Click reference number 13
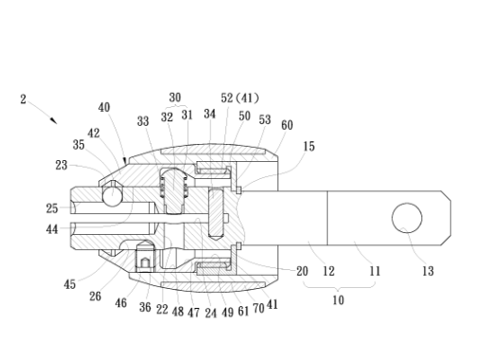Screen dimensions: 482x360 point(428,271)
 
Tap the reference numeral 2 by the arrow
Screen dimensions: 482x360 point(23,99)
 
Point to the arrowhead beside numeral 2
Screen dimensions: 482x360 point(54,120)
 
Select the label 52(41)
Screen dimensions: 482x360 point(240,98)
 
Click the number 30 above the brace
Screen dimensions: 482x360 point(175,98)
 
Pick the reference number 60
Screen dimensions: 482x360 point(287,125)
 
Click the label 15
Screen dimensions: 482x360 point(309,146)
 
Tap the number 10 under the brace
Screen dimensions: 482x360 point(338,299)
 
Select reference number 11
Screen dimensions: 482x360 point(375,271)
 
